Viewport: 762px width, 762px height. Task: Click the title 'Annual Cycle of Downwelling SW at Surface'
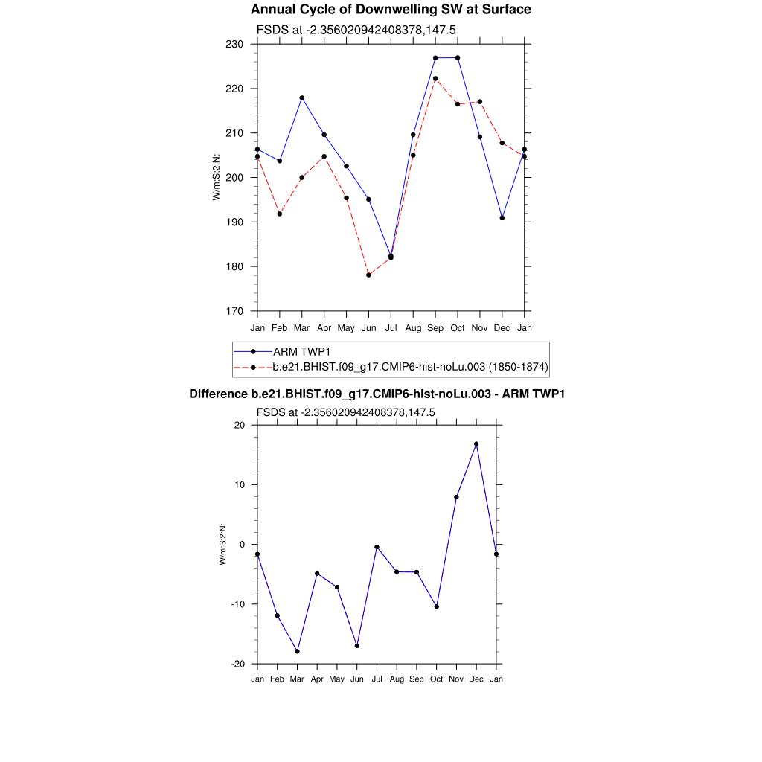point(391,10)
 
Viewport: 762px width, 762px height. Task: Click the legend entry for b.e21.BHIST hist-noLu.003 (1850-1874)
point(410,366)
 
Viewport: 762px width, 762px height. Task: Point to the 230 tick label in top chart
point(236,45)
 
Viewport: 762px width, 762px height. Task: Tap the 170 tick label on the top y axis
point(236,311)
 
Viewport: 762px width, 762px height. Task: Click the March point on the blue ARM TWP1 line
point(302,97)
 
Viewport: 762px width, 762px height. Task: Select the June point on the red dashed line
point(368,275)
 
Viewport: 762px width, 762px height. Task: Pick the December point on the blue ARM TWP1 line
point(502,218)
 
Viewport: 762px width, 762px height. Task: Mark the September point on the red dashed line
point(435,78)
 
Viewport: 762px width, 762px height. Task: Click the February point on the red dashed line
point(280,214)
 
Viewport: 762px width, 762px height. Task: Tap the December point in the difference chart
point(476,444)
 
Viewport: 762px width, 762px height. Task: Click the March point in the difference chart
point(297,651)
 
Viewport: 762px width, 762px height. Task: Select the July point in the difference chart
point(377,547)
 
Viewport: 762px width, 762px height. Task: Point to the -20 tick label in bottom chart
point(239,664)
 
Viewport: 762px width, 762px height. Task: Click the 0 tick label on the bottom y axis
point(243,545)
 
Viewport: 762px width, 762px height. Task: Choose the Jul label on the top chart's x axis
point(391,327)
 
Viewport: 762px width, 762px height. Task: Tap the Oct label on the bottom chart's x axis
point(437,679)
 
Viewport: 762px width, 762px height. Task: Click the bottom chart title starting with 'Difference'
point(377,394)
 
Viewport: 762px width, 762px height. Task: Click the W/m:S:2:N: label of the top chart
point(217,177)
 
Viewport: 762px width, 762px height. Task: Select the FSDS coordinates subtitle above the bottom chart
point(345,412)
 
